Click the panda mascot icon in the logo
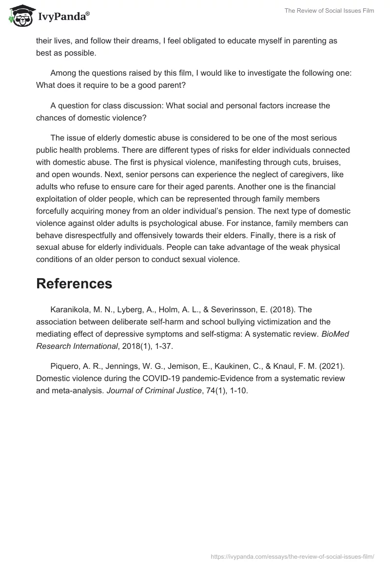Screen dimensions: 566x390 tap(20, 17)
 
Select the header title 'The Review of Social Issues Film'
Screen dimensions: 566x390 tap(329, 11)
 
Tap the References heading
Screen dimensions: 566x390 tap(74, 283)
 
